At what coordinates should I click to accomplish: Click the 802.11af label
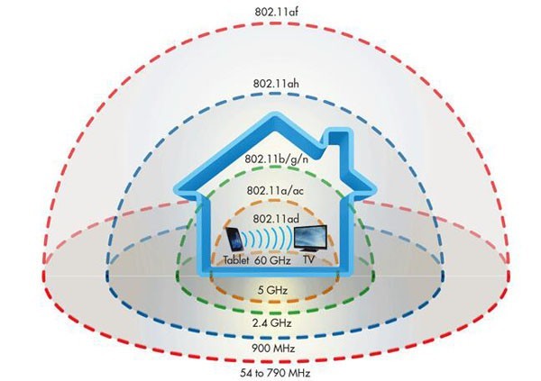277,12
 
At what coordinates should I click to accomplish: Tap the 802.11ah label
276,84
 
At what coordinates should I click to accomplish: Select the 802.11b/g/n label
277,159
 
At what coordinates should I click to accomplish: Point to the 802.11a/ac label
275,191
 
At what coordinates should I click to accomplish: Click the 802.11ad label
276,219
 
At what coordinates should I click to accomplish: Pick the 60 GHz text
272,260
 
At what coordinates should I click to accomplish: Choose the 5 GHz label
272,290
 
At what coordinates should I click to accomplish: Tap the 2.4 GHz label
272,323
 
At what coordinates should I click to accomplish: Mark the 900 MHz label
273,349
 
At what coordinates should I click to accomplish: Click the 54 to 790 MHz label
275,373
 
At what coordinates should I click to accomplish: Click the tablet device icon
234,240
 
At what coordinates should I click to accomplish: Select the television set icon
310,239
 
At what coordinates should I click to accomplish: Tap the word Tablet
236,259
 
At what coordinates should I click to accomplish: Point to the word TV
308,259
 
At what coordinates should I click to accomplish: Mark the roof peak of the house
274,116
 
